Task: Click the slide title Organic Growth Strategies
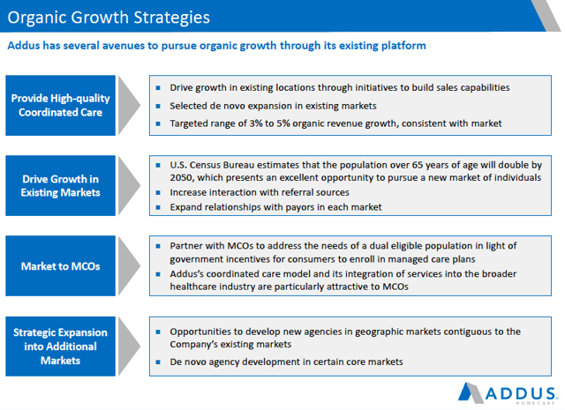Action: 109,18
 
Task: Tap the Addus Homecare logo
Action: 507,393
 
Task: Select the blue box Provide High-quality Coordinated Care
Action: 61,105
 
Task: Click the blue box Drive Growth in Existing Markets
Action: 61,186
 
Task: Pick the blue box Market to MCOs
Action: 61,266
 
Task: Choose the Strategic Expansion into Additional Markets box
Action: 61,347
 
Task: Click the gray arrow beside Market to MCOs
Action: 130,266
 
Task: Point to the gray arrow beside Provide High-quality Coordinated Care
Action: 130,105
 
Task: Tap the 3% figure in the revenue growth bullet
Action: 256,123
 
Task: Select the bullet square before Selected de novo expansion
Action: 158,106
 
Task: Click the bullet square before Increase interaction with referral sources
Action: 158,192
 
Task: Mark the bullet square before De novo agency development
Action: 158,362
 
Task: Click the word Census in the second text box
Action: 204,165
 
